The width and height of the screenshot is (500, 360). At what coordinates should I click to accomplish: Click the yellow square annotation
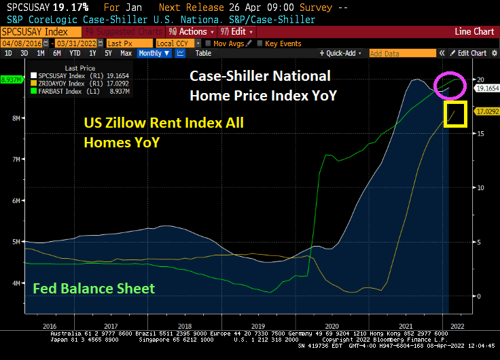(455, 113)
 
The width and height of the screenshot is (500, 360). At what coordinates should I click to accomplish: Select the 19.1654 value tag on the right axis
(487, 88)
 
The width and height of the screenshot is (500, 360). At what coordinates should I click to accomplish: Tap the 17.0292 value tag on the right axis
(487, 111)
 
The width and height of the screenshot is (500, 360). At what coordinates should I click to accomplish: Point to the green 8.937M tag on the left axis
(12, 79)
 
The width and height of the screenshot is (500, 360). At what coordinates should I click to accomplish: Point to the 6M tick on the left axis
(16, 200)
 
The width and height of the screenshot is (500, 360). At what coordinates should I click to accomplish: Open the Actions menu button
(192, 32)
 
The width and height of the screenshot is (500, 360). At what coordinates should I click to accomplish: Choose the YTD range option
(75, 53)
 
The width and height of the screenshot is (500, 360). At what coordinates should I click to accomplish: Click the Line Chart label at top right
(474, 32)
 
